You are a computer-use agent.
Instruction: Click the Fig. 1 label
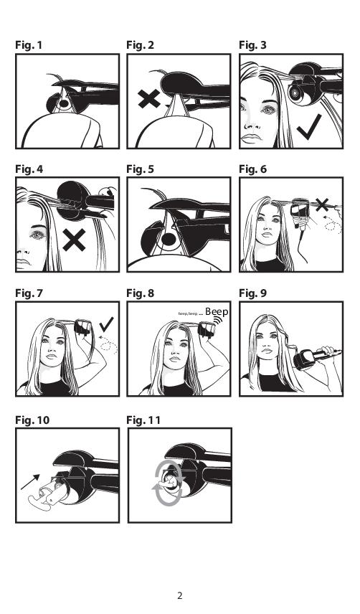pyautogui.click(x=29, y=45)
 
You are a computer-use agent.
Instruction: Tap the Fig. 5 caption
pyautogui.click(x=140, y=169)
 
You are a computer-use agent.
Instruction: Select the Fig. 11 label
pyautogui.click(x=143, y=420)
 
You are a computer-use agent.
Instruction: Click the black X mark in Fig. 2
pyautogui.click(x=149, y=99)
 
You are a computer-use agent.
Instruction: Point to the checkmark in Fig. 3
pyautogui.click(x=309, y=127)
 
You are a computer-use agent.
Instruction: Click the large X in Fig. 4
pyautogui.click(x=74, y=240)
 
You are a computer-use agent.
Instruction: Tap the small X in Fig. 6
pyautogui.click(x=322, y=204)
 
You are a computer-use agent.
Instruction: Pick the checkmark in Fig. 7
pyautogui.click(x=106, y=324)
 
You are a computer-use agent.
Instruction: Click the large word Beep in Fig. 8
pyautogui.click(x=217, y=312)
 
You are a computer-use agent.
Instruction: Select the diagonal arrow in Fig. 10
pyautogui.click(x=30, y=482)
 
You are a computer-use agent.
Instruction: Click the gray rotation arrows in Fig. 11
pyautogui.click(x=169, y=484)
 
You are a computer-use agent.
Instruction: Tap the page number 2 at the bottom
pyautogui.click(x=179, y=595)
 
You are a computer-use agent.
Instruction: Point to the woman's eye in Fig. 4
pyautogui.click(x=37, y=235)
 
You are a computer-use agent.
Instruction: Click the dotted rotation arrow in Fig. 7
pyautogui.click(x=108, y=344)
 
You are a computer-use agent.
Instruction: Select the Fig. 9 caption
pyautogui.click(x=252, y=293)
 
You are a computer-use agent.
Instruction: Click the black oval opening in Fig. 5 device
pyautogui.click(x=169, y=239)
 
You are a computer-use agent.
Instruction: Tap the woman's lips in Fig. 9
pyautogui.click(x=267, y=351)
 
